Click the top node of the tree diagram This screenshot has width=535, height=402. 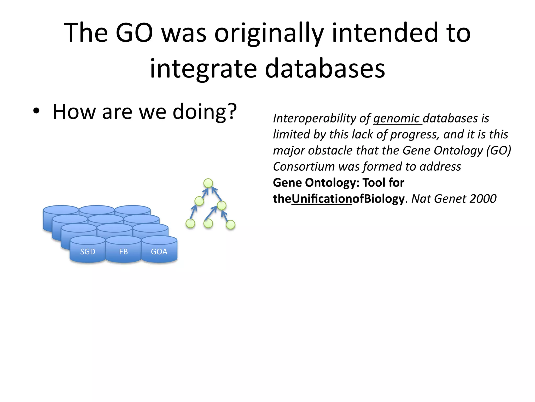click(208, 183)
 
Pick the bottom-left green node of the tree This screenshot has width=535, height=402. click(190, 224)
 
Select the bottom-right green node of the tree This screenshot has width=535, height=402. click(230, 225)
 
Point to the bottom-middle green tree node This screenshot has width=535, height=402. click(208, 223)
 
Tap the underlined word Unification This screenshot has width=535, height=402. click(322, 199)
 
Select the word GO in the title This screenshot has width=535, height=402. click(134, 33)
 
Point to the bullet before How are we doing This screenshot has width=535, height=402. click(36, 112)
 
